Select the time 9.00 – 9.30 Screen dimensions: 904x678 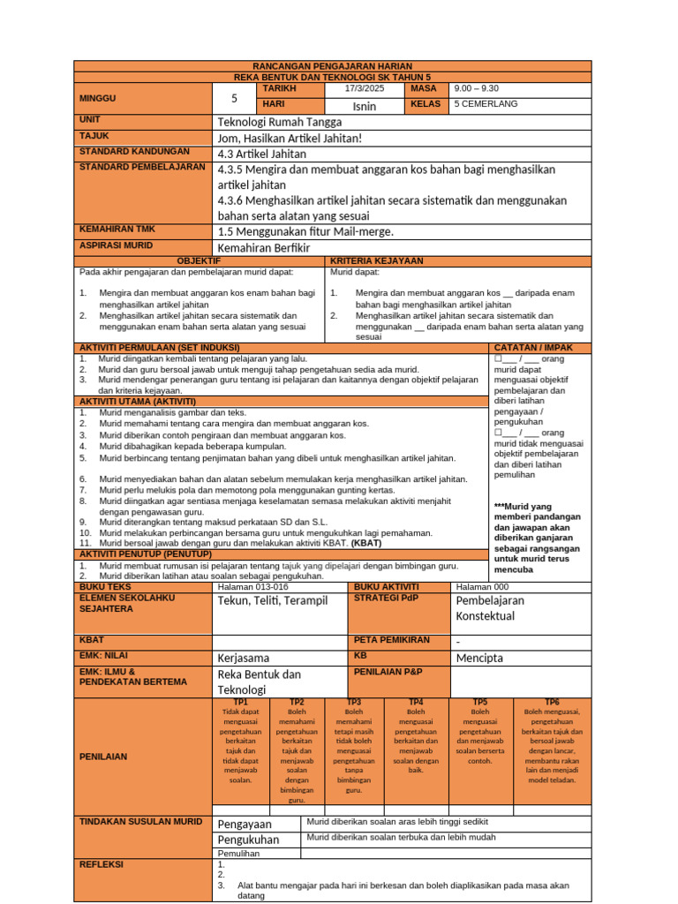(x=476, y=89)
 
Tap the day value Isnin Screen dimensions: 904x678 (x=364, y=106)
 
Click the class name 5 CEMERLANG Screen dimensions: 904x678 (x=486, y=104)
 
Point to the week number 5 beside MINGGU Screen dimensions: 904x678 (x=234, y=98)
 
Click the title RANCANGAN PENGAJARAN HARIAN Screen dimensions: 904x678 (x=332, y=66)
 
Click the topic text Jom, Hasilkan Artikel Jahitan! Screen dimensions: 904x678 (x=290, y=138)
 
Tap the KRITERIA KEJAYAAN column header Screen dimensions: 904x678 (x=376, y=261)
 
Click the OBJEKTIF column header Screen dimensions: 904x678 (x=200, y=261)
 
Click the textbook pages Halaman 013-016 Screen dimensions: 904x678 (x=252, y=587)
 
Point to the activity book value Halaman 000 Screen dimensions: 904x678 (x=482, y=587)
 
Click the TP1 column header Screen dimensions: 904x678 (x=240, y=702)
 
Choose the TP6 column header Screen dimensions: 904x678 (x=552, y=702)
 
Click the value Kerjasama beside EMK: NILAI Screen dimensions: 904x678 (x=244, y=658)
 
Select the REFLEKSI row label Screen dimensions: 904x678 (x=102, y=864)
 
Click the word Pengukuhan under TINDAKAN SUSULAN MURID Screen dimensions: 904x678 (x=248, y=840)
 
